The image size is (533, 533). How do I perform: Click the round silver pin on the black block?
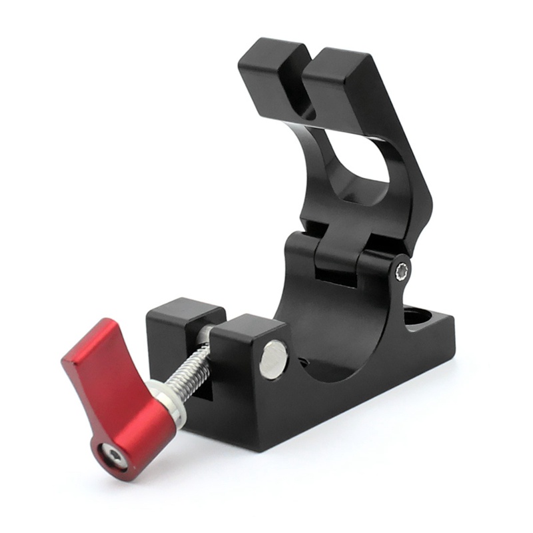pos(274,359)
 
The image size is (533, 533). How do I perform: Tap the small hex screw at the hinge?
pos(402,271)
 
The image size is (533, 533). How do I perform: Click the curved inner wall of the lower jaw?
pos(320,320)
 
